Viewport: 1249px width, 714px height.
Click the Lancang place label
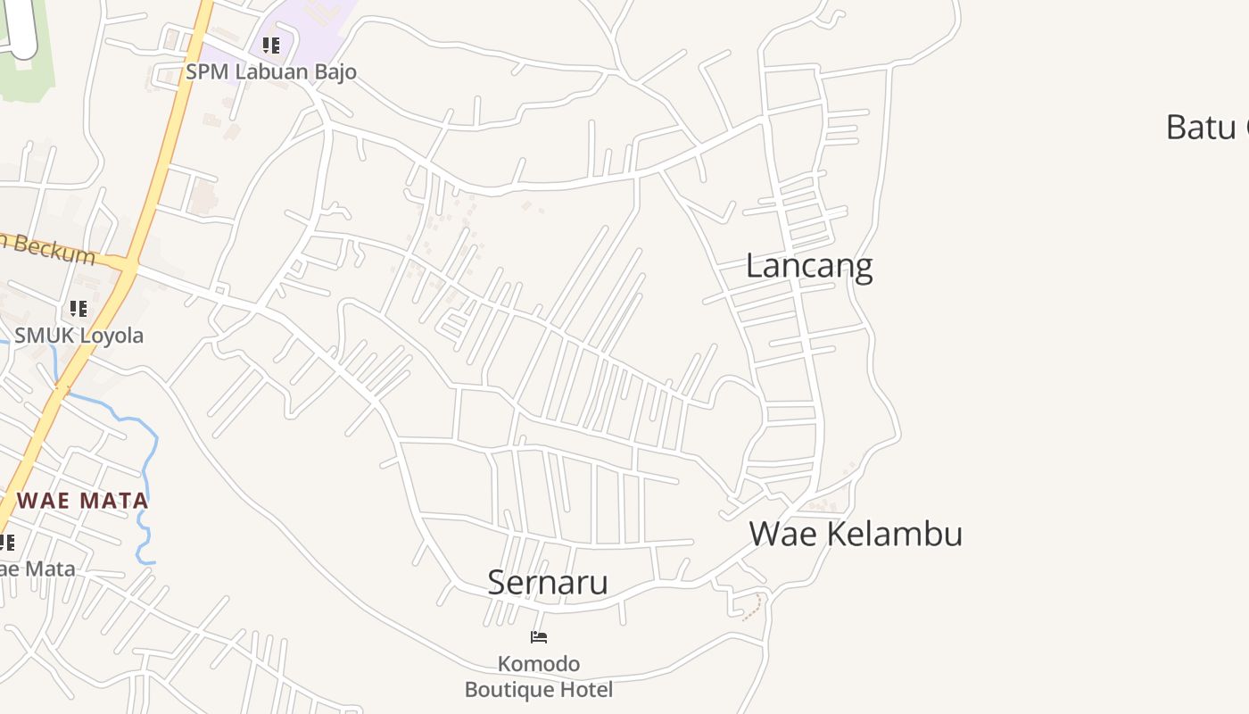click(808, 266)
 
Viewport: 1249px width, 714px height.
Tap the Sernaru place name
click(548, 582)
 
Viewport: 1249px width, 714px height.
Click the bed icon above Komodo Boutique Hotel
click(539, 637)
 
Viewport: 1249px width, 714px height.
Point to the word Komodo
click(539, 664)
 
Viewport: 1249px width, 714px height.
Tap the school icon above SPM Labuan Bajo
click(271, 46)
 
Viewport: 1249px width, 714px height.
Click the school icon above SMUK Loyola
click(79, 309)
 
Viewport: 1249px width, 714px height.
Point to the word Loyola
click(111, 336)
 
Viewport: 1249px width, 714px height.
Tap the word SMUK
click(43, 336)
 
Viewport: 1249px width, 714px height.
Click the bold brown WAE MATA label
click(83, 500)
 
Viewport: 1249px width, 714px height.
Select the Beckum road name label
click(54, 248)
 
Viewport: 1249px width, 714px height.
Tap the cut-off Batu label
click(1200, 127)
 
